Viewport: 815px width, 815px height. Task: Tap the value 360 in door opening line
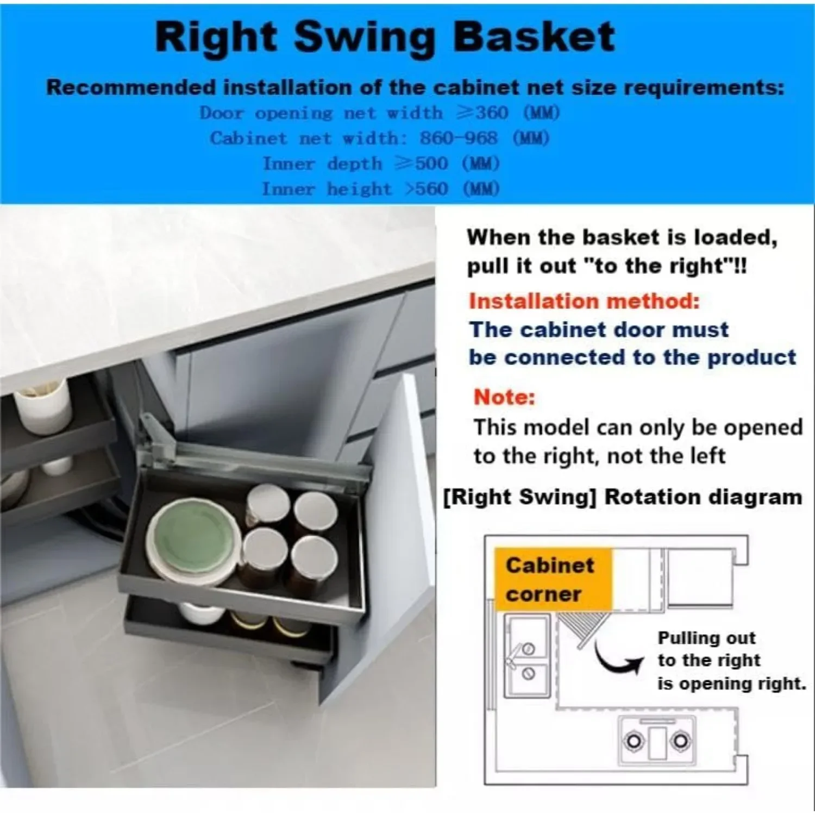click(492, 112)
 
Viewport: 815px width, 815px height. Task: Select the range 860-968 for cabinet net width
click(458, 138)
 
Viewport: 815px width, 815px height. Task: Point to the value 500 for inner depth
click(431, 164)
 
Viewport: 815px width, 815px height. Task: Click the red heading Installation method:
click(584, 301)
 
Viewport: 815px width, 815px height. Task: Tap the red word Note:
click(504, 397)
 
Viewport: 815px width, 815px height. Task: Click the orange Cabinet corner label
click(551, 579)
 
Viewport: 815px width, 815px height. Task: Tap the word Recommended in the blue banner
click(130, 87)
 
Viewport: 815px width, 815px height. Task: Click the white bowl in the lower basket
click(201, 612)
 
